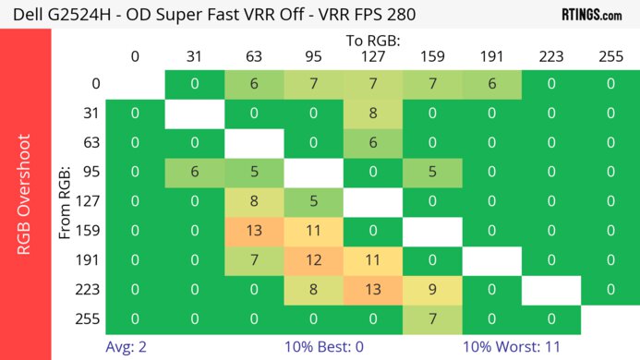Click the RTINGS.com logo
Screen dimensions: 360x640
point(591,15)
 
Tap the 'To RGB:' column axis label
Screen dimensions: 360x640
point(372,41)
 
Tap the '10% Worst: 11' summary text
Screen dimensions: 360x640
point(512,348)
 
